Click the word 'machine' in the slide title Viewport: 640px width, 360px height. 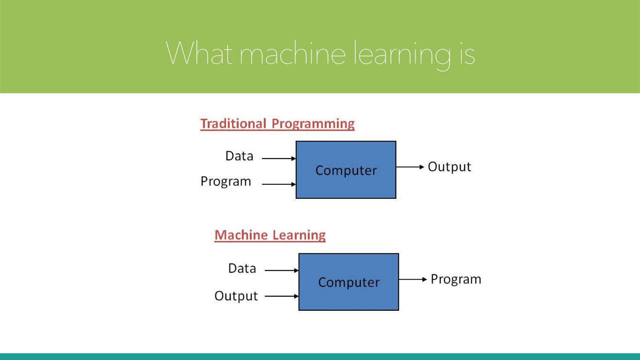click(x=292, y=53)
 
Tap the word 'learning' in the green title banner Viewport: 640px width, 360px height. click(x=402, y=56)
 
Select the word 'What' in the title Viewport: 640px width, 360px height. click(x=199, y=52)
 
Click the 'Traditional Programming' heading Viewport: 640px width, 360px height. click(x=278, y=124)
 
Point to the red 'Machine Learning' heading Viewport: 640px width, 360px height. click(x=270, y=236)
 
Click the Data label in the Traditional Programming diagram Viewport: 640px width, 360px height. click(x=240, y=156)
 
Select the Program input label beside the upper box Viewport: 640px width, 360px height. click(x=226, y=182)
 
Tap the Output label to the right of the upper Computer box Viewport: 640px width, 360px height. click(x=450, y=167)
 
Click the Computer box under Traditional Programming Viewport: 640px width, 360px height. click(x=346, y=170)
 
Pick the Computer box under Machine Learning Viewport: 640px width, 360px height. click(x=348, y=282)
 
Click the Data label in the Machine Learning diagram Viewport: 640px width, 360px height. click(x=242, y=268)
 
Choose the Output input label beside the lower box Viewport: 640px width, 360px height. click(x=236, y=296)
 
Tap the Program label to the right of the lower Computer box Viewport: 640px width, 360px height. click(x=456, y=280)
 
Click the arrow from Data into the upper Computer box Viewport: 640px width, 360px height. click(x=279, y=158)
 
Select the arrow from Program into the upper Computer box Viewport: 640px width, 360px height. click(x=279, y=184)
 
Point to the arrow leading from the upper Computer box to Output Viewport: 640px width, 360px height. click(x=410, y=167)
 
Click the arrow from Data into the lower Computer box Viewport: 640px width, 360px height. click(x=282, y=270)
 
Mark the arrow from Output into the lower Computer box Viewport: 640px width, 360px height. click(x=282, y=296)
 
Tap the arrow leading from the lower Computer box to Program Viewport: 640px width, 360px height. click(x=413, y=279)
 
